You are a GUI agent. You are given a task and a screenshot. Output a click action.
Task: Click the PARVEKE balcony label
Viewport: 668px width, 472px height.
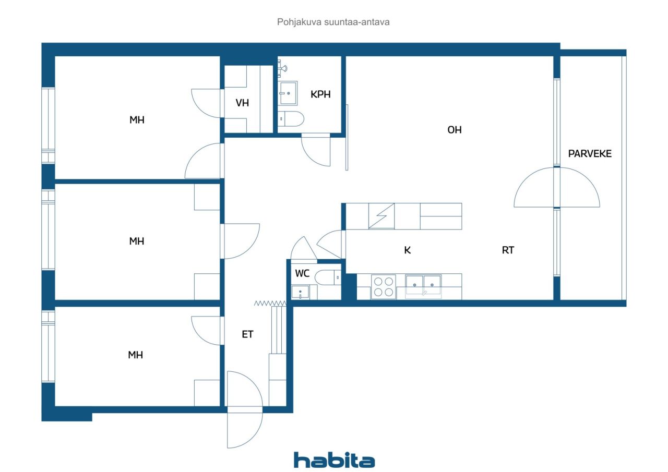590,154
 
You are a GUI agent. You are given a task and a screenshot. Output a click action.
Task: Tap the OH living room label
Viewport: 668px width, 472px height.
455,130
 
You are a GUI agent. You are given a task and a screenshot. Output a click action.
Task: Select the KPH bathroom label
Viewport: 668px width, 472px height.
320,94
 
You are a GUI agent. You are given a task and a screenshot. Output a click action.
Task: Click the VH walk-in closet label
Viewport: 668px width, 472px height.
242,103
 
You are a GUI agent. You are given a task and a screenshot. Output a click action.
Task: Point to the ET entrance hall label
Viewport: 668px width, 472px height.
247,334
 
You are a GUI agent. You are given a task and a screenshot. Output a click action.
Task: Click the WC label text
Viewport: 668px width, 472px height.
302,273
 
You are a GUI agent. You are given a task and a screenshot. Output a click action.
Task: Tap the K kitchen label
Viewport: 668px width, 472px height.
408,250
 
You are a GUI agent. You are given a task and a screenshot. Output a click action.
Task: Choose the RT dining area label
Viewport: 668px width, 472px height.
508,250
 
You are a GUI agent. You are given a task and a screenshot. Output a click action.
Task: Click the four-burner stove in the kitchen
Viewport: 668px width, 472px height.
384,287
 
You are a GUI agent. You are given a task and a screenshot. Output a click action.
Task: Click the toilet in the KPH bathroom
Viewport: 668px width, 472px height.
291,119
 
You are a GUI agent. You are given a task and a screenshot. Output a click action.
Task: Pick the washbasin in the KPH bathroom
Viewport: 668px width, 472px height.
288,93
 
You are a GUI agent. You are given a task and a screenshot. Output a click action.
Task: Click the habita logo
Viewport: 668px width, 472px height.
334,460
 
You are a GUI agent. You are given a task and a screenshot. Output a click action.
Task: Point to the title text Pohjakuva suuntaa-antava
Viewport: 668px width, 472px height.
333,22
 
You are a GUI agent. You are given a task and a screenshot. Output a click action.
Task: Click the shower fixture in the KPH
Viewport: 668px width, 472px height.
282,68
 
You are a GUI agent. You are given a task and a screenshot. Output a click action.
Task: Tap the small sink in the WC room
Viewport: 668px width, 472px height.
300,292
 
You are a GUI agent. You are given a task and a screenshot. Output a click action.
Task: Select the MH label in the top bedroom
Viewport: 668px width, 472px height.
137,120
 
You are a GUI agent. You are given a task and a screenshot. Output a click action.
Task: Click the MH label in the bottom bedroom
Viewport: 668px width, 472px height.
135,355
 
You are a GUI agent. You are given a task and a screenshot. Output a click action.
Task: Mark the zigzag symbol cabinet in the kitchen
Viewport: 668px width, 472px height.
381,216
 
